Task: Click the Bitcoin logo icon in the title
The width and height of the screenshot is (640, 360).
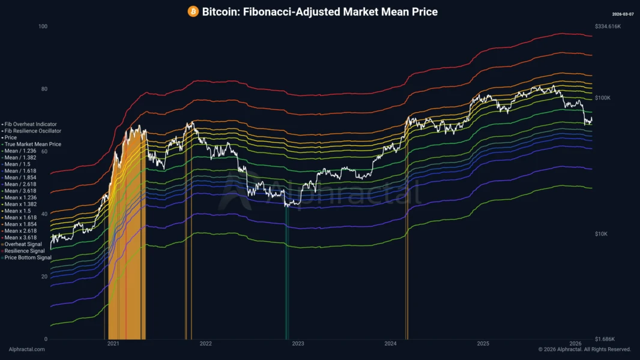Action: (193, 11)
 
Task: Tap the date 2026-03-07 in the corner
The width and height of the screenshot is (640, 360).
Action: (622, 14)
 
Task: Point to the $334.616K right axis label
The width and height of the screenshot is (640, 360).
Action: (609, 27)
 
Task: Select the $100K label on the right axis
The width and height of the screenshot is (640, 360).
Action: (602, 97)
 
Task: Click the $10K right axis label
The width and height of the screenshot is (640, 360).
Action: (601, 233)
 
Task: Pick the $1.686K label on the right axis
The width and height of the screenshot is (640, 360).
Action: (605, 339)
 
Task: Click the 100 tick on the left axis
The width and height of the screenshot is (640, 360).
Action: (42, 27)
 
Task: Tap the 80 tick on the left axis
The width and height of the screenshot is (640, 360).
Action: (42, 89)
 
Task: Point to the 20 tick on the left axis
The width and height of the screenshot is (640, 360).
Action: (42, 277)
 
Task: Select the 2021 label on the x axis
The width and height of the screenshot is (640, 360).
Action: (113, 344)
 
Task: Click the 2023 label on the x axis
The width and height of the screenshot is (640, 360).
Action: (298, 344)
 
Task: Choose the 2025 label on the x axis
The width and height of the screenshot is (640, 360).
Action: (483, 344)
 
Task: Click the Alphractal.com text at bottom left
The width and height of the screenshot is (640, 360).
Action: (26, 349)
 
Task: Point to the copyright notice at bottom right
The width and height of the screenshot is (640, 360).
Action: (584, 349)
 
